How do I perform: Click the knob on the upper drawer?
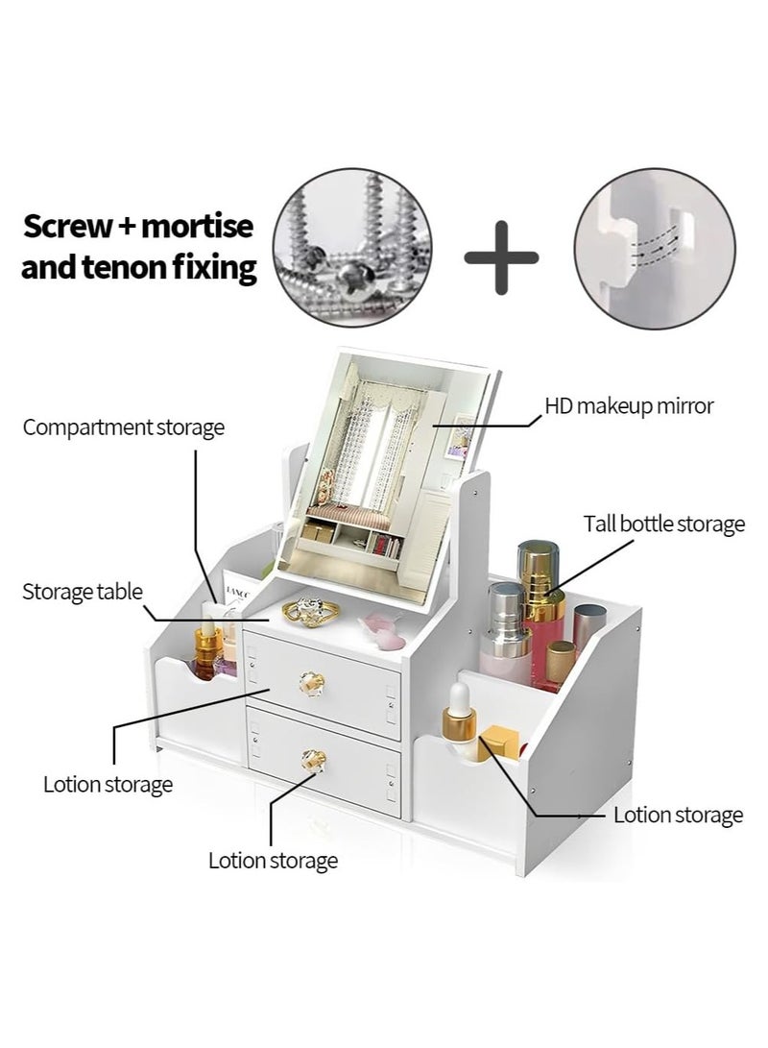coord(312,683)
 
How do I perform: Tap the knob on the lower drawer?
coord(313,760)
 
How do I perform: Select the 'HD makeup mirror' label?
coord(629,405)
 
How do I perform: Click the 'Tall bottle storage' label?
coord(663,524)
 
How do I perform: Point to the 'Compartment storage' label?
coord(124,427)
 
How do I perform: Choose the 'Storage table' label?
coord(83,592)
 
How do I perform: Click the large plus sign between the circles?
coord(501,258)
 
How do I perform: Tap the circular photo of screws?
coord(352,248)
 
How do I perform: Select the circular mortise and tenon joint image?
coord(655,248)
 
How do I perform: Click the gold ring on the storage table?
coord(310,611)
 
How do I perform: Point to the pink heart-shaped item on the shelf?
coord(383,630)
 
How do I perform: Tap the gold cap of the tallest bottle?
coord(539,569)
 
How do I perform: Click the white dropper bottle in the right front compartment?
coord(460,721)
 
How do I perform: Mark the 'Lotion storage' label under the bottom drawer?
coord(274,860)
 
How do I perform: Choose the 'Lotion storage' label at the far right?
coord(679,815)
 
